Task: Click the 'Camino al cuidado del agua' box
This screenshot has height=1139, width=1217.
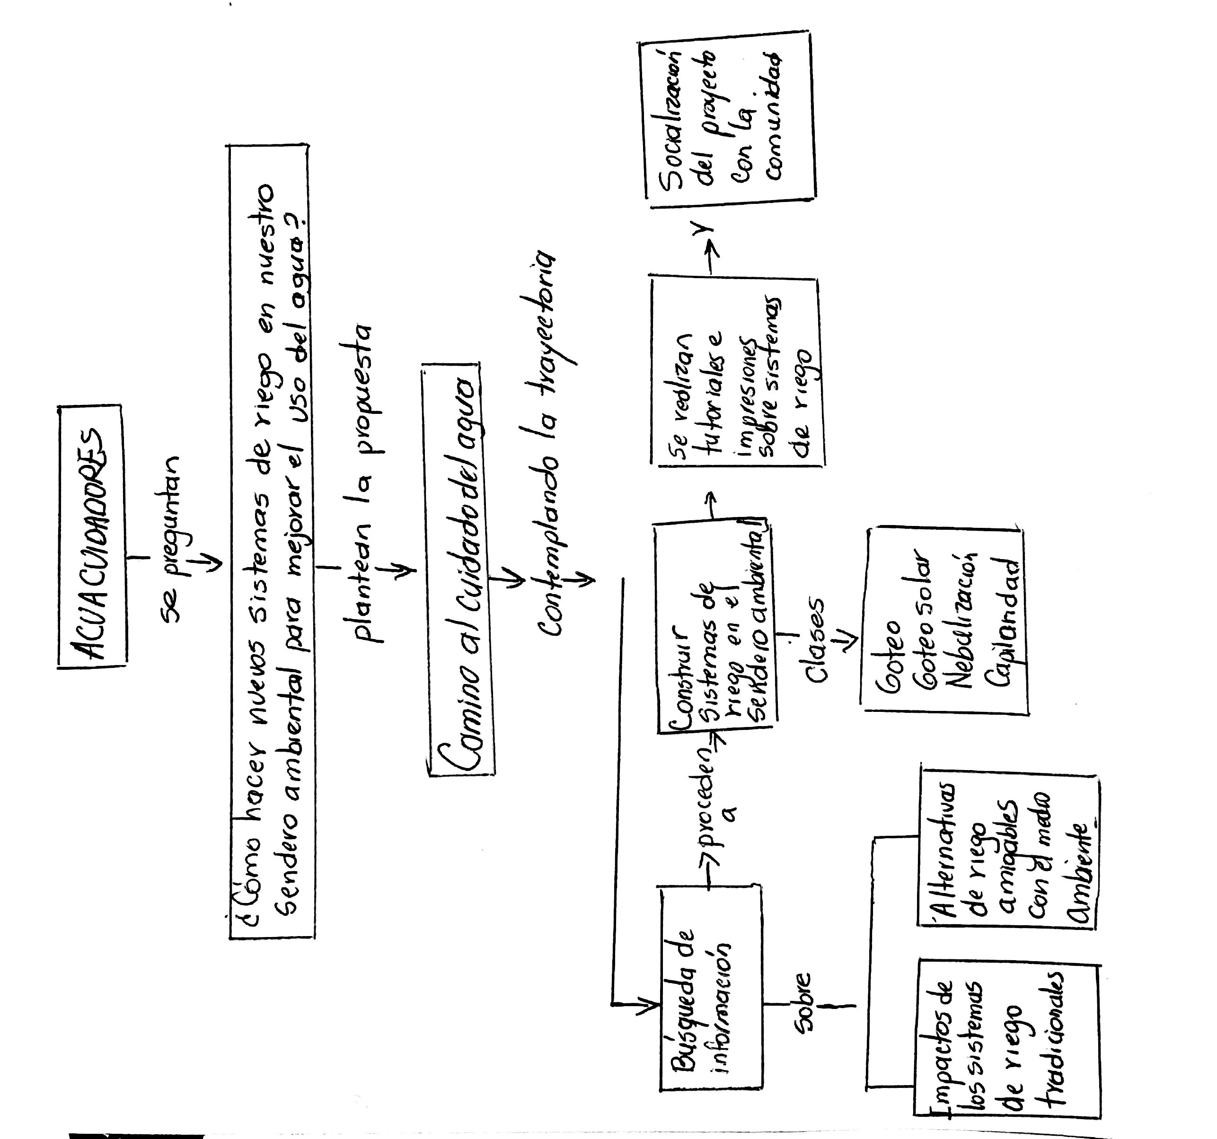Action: point(459,569)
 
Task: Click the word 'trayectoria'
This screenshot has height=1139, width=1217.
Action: point(548,309)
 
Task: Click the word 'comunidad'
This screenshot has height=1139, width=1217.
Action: point(771,116)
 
